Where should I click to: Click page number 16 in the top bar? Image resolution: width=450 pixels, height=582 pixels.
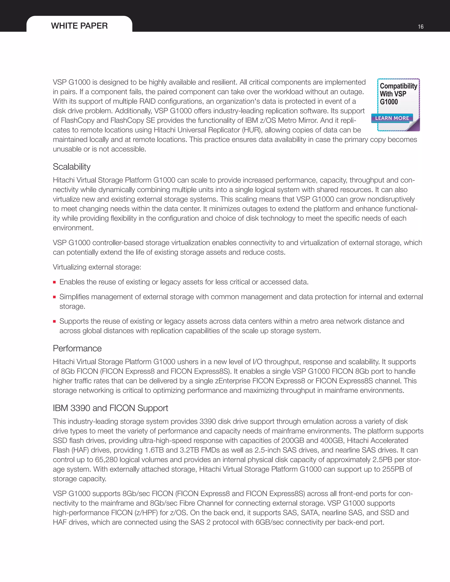click(420, 27)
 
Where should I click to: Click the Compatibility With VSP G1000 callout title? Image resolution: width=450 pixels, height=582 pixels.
click(398, 94)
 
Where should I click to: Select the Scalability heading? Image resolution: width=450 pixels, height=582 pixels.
click(71, 167)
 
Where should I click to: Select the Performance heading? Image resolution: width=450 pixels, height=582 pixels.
click(77, 349)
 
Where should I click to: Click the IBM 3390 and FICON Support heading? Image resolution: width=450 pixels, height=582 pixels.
click(110, 408)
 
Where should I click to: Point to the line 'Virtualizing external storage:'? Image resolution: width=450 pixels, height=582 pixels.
click(97, 267)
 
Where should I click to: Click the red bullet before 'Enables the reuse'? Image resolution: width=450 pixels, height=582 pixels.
click(54, 282)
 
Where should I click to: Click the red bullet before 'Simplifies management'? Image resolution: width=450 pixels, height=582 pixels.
click(54, 297)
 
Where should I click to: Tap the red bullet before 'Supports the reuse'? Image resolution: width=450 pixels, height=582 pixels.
click(54, 321)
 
